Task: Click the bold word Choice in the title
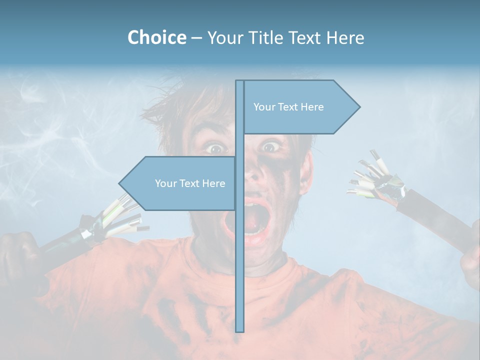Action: (x=156, y=37)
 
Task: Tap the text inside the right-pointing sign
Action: (x=288, y=107)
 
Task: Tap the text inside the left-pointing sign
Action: (x=190, y=183)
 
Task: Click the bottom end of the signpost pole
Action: (x=239, y=330)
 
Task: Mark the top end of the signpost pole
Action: (x=239, y=82)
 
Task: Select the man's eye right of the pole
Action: (x=270, y=147)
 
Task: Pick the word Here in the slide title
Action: (x=345, y=37)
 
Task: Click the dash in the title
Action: (x=196, y=38)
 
